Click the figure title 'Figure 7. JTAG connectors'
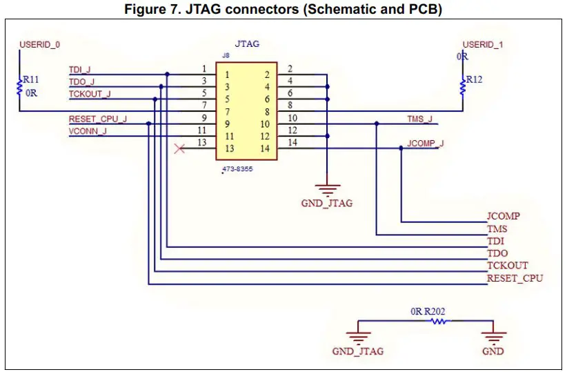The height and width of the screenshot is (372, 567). coord(283,10)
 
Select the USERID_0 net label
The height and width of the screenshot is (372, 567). coord(39,44)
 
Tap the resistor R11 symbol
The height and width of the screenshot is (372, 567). coord(20,88)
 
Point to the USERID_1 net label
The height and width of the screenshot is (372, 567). coord(483,44)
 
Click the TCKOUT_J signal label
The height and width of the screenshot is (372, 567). coord(90,94)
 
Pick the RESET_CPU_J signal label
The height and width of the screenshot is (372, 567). coord(98,119)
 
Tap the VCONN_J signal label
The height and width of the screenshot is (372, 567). coord(88,131)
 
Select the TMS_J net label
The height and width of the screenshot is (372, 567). coord(420,119)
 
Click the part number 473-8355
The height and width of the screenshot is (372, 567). coord(237,169)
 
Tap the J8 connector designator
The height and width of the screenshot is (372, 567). coord(226,55)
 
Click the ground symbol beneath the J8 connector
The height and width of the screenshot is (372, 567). coord(327,188)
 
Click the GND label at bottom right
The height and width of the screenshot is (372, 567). coord(493,351)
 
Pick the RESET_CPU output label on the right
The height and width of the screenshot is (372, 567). coord(515,278)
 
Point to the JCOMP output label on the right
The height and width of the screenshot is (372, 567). coord(504,216)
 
